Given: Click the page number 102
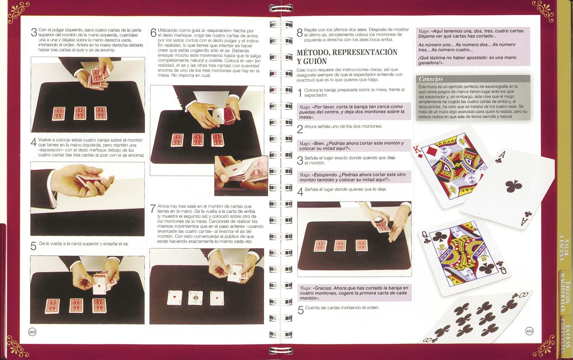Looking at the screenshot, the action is tap(32, 332).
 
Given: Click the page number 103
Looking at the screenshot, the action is tap(529, 331).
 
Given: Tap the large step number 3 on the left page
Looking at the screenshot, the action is tap(34, 32).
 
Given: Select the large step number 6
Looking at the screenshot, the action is tap(153, 33).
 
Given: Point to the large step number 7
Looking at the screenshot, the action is tap(153, 209).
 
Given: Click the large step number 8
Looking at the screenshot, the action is tap(300, 33).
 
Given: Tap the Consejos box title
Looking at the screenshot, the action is tap(431, 79).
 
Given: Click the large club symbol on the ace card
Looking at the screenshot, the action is tap(514, 186).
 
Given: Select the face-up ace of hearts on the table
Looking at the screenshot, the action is tap(175, 297).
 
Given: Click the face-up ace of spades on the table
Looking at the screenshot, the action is tap(195, 298).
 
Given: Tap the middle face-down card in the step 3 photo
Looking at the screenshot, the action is tap(80, 113).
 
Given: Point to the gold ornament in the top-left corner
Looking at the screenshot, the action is tap(19, 12).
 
